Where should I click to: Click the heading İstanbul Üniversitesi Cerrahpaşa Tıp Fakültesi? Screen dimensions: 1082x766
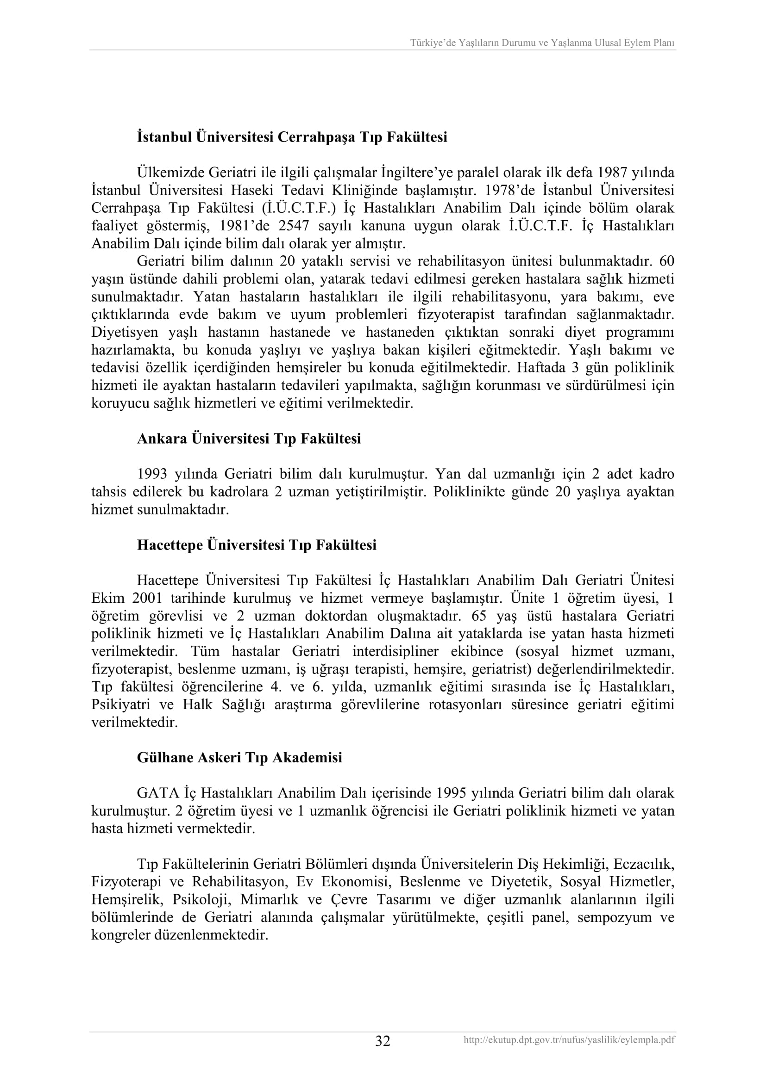point(292,137)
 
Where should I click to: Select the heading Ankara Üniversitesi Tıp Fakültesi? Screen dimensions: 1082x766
point(249,439)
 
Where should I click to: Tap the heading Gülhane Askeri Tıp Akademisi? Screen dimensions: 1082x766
point(239,757)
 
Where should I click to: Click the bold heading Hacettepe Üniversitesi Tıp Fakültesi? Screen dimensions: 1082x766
point(257,545)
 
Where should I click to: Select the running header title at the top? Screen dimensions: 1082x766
point(542,43)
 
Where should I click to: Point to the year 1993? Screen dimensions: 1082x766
point(153,474)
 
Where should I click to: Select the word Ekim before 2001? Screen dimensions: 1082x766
point(107,598)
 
